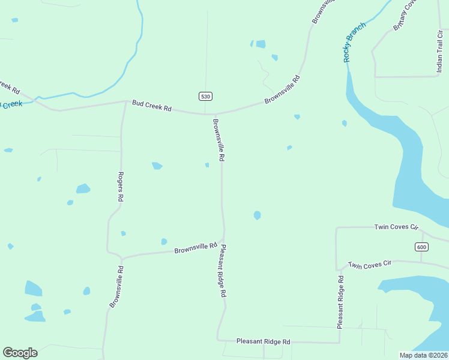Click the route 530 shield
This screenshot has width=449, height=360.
tap(206, 97)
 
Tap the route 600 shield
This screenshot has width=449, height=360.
tap(421, 247)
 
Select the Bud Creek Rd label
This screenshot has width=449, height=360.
tap(152, 108)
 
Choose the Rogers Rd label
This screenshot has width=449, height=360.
tap(121, 187)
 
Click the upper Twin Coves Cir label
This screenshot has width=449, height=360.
tap(396, 227)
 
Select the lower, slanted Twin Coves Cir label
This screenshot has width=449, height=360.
tap(370, 264)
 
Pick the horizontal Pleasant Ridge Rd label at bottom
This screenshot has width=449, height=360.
tap(263, 341)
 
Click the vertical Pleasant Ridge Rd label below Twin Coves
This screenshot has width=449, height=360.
tap(340, 302)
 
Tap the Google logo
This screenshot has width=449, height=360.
tap(20, 353)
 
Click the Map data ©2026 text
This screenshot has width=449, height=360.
tap(423, 355)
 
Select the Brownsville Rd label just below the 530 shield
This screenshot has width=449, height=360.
tap(218, 140)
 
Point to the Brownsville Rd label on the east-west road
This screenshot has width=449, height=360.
tap(196, 248)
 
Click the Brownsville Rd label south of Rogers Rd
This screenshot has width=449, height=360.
tap(116, 287)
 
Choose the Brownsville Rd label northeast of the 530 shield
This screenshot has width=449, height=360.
tap(282, 90)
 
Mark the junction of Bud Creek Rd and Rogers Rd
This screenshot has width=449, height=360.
tap(124, 103)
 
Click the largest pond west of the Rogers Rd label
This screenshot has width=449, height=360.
tap(83, 189)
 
